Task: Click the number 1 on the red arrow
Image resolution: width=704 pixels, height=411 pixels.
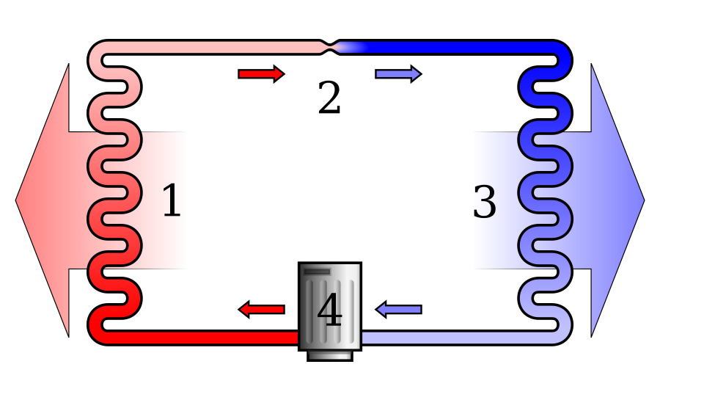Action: (x=171, y=201)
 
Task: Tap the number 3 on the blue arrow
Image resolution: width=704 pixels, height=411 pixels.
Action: (x=485, y=202)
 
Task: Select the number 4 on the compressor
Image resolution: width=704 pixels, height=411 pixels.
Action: (x=329, y=310)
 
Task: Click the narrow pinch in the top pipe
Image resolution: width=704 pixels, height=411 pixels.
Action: (x=331, y=47)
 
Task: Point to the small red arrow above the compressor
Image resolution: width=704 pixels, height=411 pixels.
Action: (x=262, y=309)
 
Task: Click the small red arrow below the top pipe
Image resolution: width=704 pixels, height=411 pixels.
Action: (x=261, y=73)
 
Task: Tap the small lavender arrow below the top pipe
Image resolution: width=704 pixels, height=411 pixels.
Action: (x=397, y=73)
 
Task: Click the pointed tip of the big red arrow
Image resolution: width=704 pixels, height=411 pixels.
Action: (x=18, y=200)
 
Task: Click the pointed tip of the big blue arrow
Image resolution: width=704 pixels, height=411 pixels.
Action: (x=642, y=200)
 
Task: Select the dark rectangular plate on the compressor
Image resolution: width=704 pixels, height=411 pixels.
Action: (x=317, y=272)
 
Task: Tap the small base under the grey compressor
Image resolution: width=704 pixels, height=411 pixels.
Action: (x=330, y=354)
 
